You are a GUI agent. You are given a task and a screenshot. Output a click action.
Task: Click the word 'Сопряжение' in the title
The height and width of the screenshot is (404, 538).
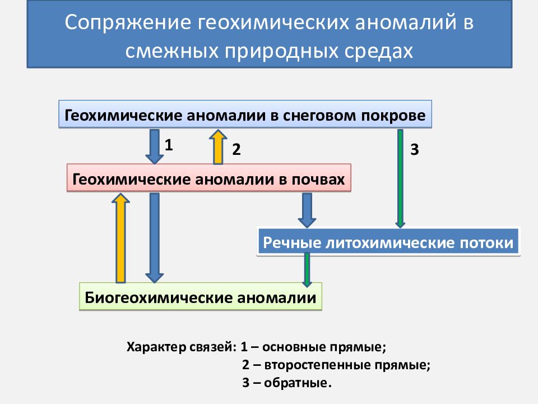coord(128,22)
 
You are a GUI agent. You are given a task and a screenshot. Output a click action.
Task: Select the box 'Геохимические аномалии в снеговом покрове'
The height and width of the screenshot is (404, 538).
coord(245,114)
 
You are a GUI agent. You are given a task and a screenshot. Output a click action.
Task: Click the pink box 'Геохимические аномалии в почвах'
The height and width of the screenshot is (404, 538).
coord(208,178)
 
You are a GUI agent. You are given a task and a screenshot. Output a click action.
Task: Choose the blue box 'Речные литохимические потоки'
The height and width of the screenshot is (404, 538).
coord(388,242)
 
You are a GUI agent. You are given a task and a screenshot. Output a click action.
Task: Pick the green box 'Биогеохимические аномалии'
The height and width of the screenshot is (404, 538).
coord(201,296)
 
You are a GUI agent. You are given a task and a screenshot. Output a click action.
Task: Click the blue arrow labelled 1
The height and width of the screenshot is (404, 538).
coord(155,146)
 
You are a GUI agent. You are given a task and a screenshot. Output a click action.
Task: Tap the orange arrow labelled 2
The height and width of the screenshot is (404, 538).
coord(218,146)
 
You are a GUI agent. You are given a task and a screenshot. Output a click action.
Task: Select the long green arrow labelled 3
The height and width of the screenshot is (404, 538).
coord(400,178)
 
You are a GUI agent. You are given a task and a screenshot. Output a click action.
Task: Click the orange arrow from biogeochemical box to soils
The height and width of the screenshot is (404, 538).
coord(120,238)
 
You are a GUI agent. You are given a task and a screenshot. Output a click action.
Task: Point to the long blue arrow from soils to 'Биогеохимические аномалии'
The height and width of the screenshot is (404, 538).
coord(155,238)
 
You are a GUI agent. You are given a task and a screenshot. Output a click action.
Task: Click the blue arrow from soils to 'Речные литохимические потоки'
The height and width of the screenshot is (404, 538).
coord(307,210)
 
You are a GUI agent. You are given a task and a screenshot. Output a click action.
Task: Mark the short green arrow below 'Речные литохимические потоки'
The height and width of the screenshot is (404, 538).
coord(307,270)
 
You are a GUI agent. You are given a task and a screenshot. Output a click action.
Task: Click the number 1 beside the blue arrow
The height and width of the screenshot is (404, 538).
coord(169,145)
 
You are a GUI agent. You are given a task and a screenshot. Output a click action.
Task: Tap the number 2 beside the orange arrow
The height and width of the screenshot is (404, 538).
coord(236,149)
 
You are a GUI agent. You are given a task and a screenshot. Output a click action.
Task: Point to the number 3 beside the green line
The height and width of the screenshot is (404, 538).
coord(415,149)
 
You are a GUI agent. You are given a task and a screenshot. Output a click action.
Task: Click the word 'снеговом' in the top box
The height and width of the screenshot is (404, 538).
coord(320,116)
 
